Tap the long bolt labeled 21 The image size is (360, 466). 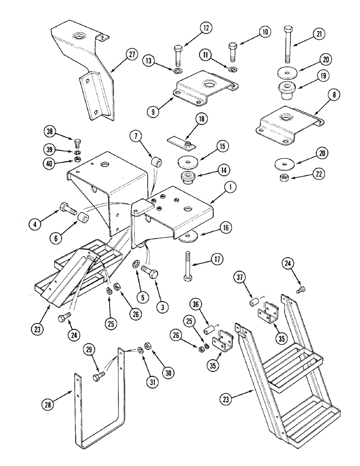point(287,47)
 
